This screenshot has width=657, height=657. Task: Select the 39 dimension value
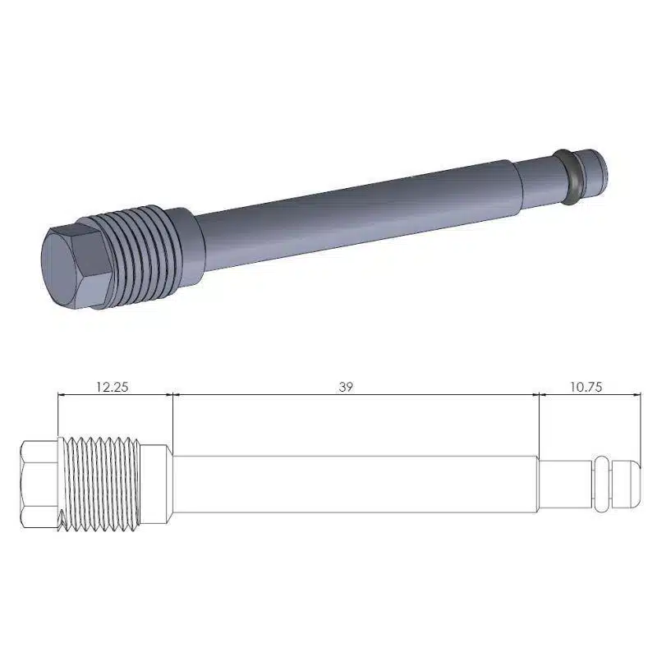(x=346, y=386)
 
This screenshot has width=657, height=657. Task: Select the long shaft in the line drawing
(x=353, y=485)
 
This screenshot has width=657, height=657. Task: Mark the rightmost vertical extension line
(x=640, y=427)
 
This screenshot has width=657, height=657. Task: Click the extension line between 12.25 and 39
(x=173, y=419)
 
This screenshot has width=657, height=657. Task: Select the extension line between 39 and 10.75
(x=538, y=427)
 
